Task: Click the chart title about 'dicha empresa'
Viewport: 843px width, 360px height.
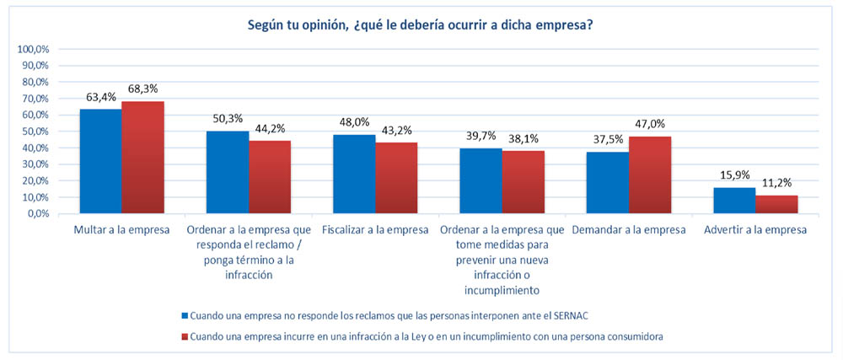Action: click(x=419, y=24)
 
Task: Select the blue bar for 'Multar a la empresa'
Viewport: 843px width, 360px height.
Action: click(x=100, y=161)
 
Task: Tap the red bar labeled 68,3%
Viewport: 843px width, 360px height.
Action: click(x=142, y=157)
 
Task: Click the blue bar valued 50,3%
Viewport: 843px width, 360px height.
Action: click(x=228, y=172)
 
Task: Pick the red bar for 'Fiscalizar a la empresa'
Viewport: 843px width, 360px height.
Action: click(x=396, y=178)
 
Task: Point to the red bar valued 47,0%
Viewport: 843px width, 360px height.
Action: click(x=650, y=175)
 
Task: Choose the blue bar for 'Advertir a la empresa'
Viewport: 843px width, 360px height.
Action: click(x=734, y=200)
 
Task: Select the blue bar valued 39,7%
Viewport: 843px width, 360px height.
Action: click(x=481, y=180)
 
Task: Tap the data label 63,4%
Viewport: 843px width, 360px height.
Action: click(x=100, y=97)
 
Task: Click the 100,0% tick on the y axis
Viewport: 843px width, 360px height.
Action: click(x=34, y=50)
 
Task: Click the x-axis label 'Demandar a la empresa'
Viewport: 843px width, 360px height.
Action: click(x=629, y=229)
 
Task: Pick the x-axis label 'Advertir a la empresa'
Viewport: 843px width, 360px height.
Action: click(x=755, y=229)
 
